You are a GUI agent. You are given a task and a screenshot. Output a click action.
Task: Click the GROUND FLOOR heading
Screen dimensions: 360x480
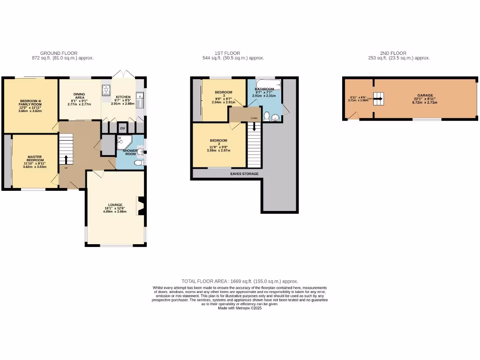pyautogui.click(x=59, y=53)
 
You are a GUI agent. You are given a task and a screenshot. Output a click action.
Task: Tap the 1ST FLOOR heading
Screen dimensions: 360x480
pyautogui.click(x=227, y=53)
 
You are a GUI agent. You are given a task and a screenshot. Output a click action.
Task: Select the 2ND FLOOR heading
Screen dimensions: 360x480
pyautogui.click(x=393, y=53)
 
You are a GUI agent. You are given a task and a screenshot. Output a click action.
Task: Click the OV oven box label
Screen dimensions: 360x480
pyautogui.click(x=123, y=128)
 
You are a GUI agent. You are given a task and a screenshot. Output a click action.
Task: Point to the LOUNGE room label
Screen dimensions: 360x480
pyautogui.click(x=115, y=205)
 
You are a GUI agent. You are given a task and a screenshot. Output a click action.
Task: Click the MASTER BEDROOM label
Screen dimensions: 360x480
pyautogui.click(x=35, y=158)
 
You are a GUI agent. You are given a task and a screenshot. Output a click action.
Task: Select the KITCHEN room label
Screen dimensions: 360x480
pyautogui.click(x=123, y=97)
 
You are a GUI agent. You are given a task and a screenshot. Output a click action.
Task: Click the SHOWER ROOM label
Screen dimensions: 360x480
pyautogui.click(x=130, y=152)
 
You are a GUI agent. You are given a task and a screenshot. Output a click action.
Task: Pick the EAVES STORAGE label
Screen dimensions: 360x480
pyautogui.click(x=244, y=174)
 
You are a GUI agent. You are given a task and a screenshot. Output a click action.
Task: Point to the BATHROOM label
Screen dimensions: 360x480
pyautogui.click(x=264, y=89)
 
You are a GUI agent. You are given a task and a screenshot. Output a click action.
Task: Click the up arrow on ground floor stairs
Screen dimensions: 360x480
pyautogui.click(x=66, y=159)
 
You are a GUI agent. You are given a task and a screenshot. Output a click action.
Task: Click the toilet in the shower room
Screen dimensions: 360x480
pyautogui.click(x=138, y=163)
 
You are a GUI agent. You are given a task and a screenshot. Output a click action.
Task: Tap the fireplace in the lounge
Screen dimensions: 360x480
pyautogui.click(x=140, y=205)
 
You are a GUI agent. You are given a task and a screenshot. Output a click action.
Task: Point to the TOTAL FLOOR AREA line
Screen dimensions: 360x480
pyautogui.click(x=240, y=281)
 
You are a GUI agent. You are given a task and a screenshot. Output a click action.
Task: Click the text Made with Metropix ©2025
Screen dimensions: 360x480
pyautogui.click(x=240, y=308)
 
